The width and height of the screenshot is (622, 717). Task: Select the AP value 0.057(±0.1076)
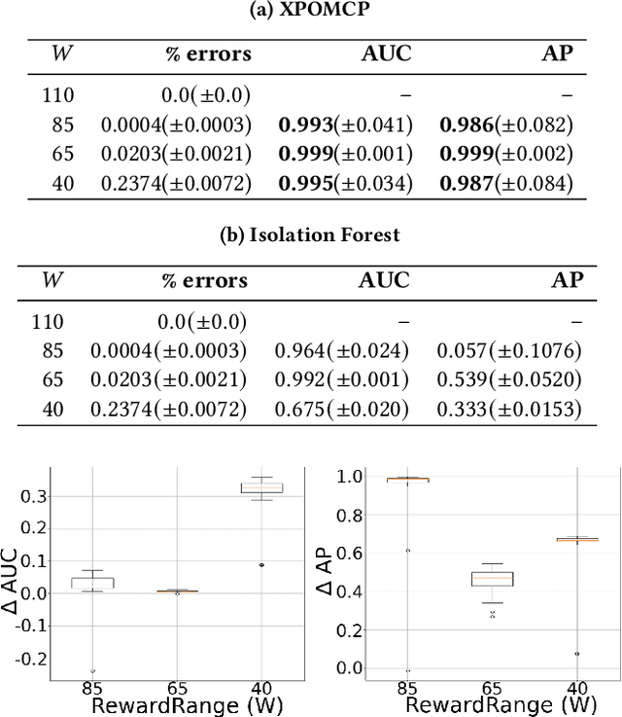click(509, 349)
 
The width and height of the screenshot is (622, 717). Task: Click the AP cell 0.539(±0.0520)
click(509, 379)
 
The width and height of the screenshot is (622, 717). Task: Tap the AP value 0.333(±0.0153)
click(509, 410)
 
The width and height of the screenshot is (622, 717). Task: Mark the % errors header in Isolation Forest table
click(204, 280)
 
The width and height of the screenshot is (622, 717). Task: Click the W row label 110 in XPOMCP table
click(60, 95)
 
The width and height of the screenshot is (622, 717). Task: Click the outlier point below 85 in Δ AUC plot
click(93, 670)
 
